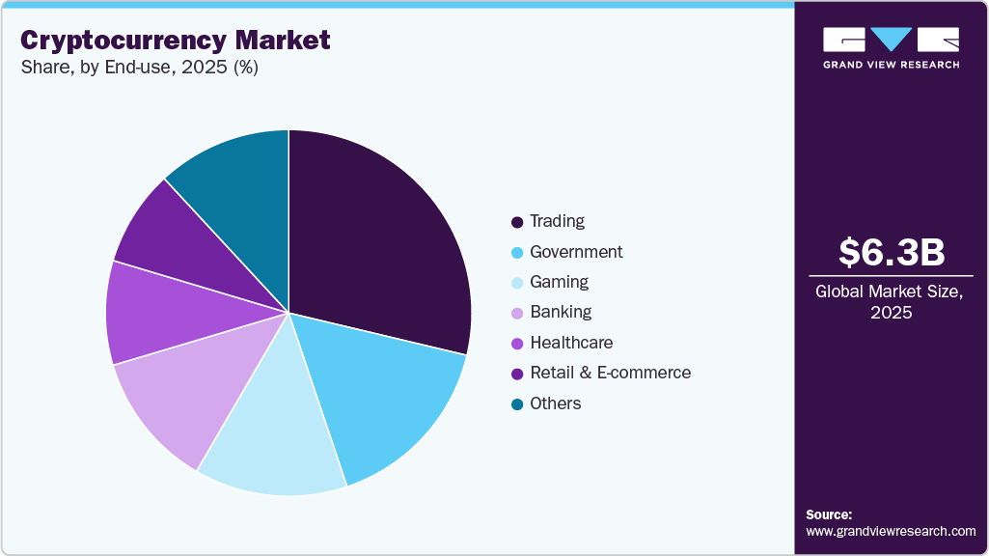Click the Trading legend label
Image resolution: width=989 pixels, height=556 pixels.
pyautogui.click(x=557, y=221)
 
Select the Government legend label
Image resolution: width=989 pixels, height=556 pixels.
pyautogui.click(x=576, y=252)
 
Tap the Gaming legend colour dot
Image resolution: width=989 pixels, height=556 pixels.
pyautogui.click(x=518, y=283)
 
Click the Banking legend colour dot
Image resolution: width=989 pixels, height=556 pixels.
pyautogui.click(x=518, y=313)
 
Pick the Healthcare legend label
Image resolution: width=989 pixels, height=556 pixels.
pyautogui.click(x=571, y=343)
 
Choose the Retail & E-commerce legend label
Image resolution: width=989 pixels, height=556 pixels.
pyautogui.click(x=610, y=373)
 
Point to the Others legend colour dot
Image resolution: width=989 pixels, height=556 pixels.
pyautogui.click(x=518, y=403)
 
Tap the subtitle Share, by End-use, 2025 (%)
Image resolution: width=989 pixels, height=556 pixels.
pyautogui.click(x=139, y=69)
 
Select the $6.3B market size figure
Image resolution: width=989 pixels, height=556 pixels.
pyautogui.click(x=891, y=252)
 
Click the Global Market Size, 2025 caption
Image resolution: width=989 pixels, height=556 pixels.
pyautogui.click(x=891, y=301)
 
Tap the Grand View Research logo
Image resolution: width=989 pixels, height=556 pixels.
pyautogui.click(x=891, y=47)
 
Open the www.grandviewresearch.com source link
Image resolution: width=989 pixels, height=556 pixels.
pyautogui.click(x=891, y=531)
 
